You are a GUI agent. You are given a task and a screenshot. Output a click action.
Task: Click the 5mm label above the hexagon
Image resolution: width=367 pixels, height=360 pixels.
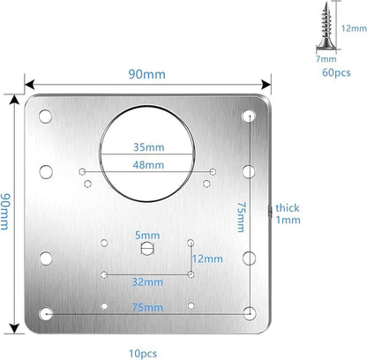(x=146, y=235)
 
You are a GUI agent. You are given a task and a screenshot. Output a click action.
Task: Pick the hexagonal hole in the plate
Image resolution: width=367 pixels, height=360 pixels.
(x=146, y=250)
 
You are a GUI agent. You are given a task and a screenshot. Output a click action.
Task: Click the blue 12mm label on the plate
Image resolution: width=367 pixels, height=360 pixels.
(x=208, y=258)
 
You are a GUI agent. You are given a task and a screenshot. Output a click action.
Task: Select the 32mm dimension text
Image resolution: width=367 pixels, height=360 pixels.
(x=146, y=281)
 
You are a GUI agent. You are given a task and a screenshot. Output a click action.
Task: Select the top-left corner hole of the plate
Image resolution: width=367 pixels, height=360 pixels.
(x=45, y=115)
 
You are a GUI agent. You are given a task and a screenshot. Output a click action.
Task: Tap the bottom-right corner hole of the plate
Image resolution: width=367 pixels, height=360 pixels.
(x=251, y=313)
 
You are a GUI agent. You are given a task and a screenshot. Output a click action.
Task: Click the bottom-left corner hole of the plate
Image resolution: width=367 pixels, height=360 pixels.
(x=45, y=313)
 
